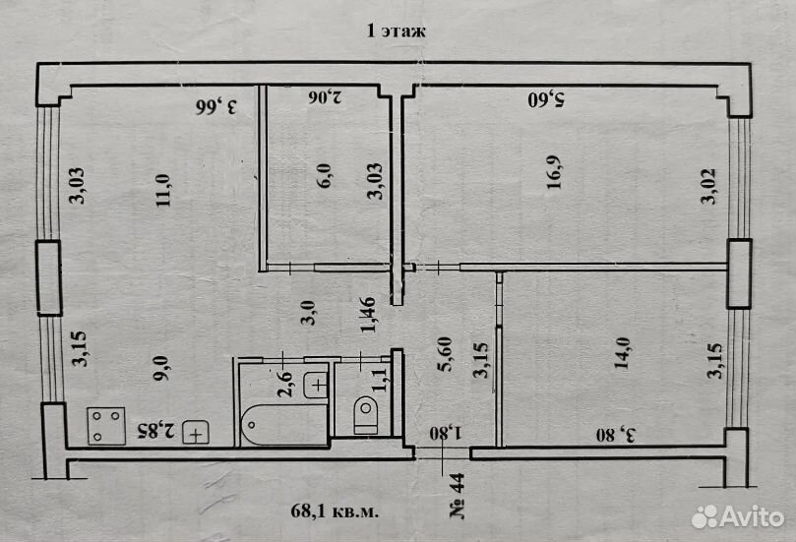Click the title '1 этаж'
pyautogui.click(x=396, y=30)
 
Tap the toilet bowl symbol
pyautogui.click(x=365, y=413)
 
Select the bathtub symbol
pyautogui.click(x=284, y=425)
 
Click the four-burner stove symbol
pyautogui.click(x=106, y=426)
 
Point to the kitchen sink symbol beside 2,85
pyautogui.click(x=196, y=433)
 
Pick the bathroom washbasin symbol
pyautogui.click(x=316, y=386)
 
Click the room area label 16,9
pyautogui.click(x=554, y=172)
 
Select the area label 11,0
pyautogui.click(x=163, y=190)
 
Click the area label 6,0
pyautogui.click(x=324, y=176)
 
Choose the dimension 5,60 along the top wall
pyautogui.click(x=546, y=99)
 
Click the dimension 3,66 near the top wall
pyautogui.click(x=216, y=107)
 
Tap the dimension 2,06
pyautogui.click(x=325, y=96)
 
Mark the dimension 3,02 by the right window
pyautogui.click(x=708, y=186)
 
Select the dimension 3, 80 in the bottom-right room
pyautogui.click(x=615, y=436)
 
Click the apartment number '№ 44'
pyautogui.click(x=457, y=496)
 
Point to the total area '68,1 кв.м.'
pyautogui.click(x=335, y=511)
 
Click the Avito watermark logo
pyautogui.click(x=738, y=517)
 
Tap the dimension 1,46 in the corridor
pyautogui.click(x=368, y=315)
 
